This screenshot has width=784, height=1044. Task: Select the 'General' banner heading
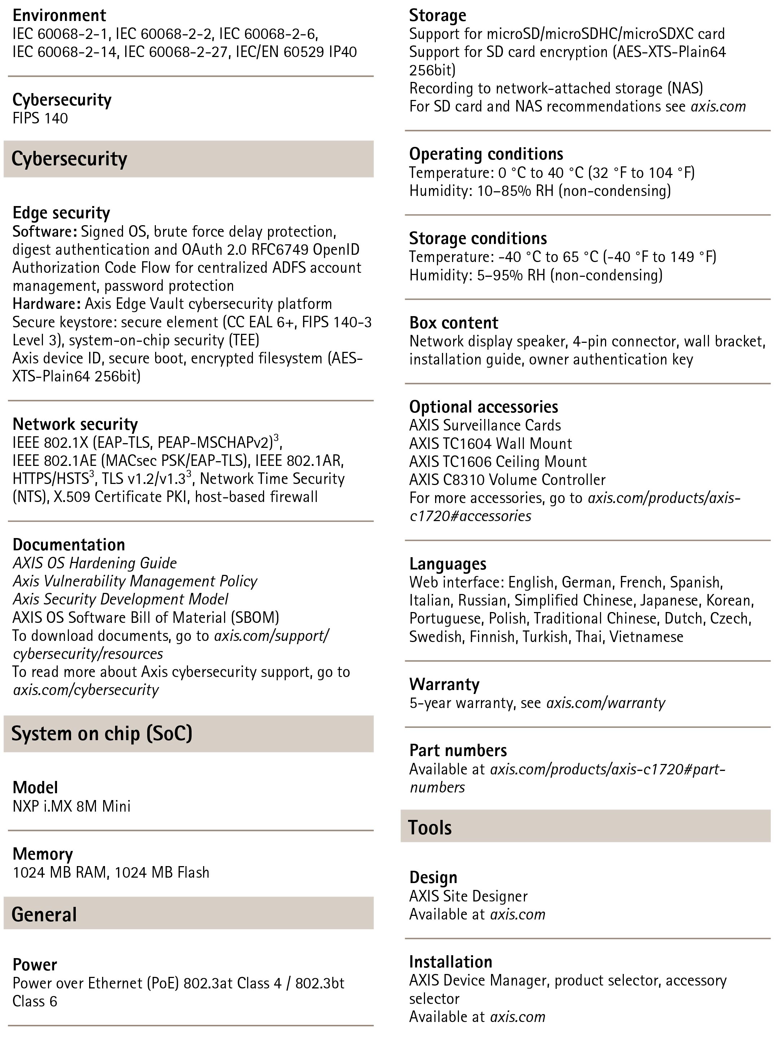[44, 915]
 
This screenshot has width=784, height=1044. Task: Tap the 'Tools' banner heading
[430, 827]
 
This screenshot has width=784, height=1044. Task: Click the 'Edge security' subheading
[61, 213]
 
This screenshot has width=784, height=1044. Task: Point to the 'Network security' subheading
[75, 424]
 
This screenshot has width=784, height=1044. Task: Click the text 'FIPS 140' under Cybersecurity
[40, 118]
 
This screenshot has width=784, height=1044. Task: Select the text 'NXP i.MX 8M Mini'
[71, 806]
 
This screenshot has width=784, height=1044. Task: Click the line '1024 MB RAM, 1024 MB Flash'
[111, 872]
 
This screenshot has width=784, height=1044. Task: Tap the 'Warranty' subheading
[444, 684]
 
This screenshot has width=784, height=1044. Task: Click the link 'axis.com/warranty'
[605, 703]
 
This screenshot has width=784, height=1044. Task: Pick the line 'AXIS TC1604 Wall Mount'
[490, 443]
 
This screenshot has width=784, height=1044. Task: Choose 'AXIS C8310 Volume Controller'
[507, 480]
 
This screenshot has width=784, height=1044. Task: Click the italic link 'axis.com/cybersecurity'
[86, 690]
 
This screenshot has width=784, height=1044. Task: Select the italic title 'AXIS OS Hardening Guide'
[95, 563]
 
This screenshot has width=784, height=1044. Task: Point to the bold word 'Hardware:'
[45, 303]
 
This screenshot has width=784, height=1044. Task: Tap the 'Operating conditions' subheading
[486, 154]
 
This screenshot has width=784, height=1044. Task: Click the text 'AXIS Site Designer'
[468, 896]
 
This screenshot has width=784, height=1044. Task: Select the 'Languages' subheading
[447, 564]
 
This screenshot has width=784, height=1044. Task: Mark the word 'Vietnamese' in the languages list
[646, 636]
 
